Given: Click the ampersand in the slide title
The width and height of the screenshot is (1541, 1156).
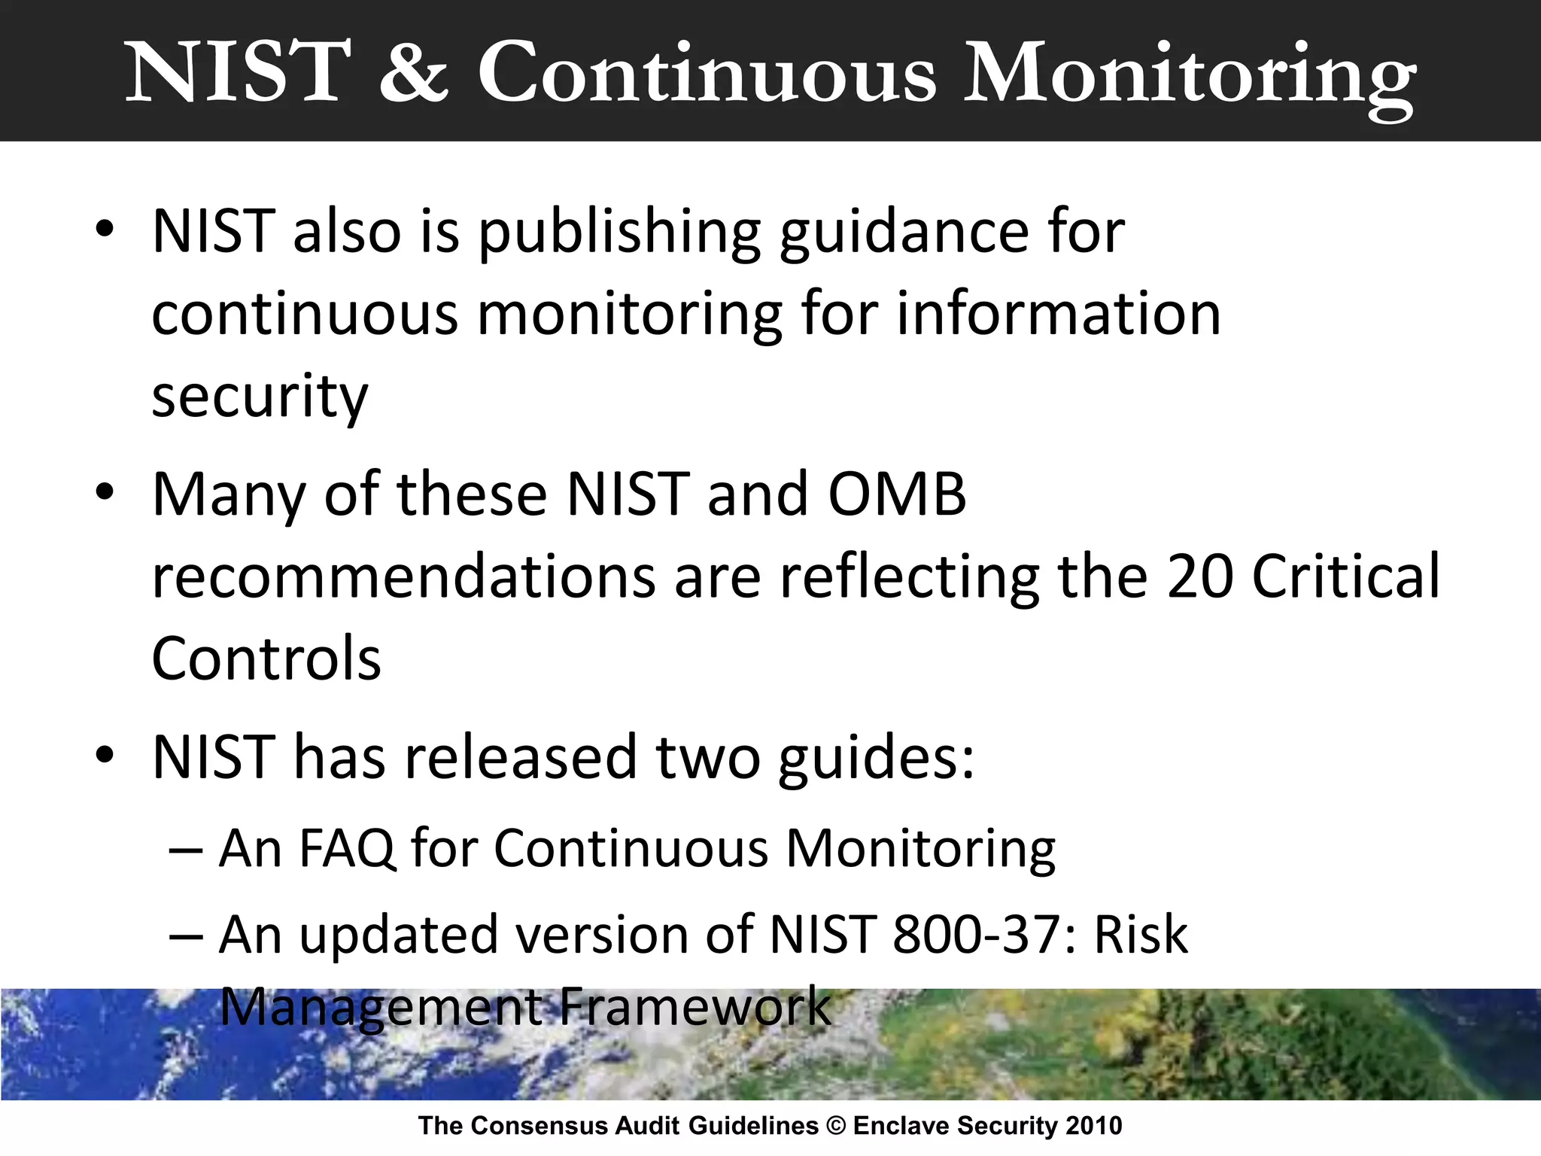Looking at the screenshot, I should (x=413, y=73).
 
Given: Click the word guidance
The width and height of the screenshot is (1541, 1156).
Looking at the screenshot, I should (x=903, y=233).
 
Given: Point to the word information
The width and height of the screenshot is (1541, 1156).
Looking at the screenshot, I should (x=1059, y=314).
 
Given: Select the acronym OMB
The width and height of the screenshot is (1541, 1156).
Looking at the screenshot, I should (x=896, y=494).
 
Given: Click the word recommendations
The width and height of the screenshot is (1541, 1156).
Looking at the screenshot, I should (x=403, y=577).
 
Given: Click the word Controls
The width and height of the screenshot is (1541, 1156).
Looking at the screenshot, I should (x=266, y=659).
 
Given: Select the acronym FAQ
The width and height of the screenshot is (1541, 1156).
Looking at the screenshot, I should (x=347, y=849).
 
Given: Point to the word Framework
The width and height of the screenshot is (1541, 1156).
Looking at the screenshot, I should (x=695, y=1006).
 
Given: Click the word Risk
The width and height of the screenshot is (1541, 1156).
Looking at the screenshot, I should (x=1140, y=935).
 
